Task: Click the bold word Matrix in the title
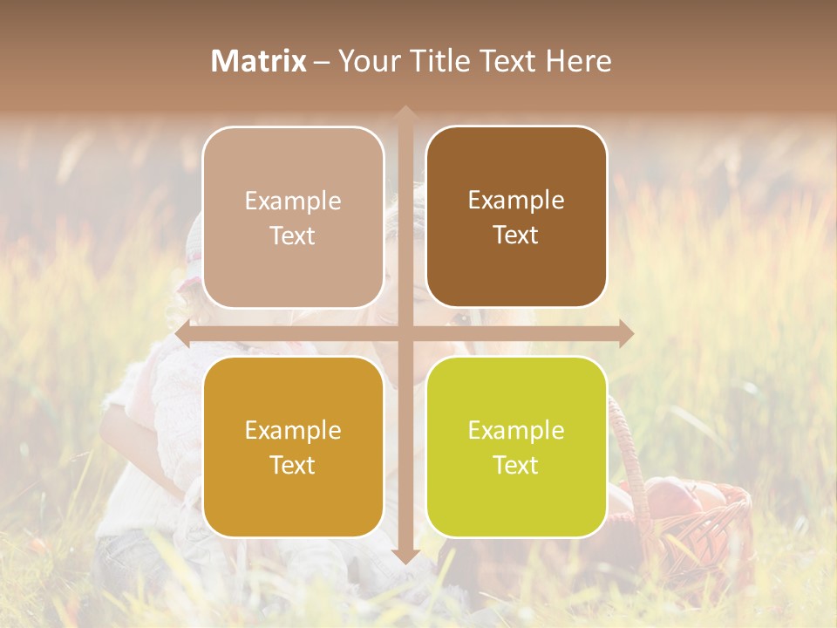click(259, 61)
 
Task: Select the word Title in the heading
click(434, 61)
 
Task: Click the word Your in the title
click(367, 61)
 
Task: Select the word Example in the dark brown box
click(516, 201)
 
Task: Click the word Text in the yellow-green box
click(516, 466)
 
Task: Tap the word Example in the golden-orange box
click(293, 431)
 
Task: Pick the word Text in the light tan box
click(293, 236)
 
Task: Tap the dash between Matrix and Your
click(322, 62)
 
